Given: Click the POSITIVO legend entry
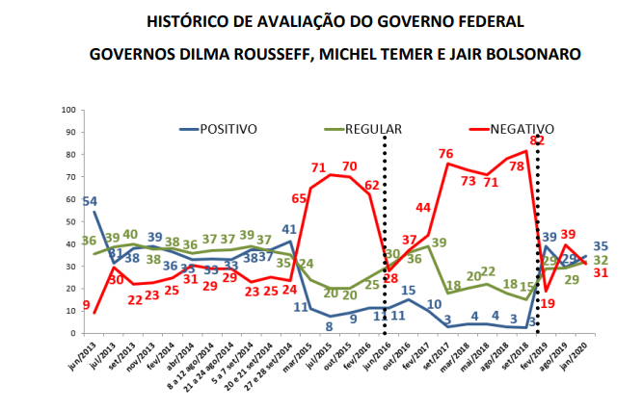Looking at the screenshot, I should (x=227, y=128).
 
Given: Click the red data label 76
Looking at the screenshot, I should (x=445, y=153).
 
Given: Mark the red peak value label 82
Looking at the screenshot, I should (x=538, y=141).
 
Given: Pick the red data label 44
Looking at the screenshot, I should (x=423, y=208).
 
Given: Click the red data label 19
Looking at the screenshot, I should (x=546, y=303).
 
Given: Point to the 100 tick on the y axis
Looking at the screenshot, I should (x=68, y=110).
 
